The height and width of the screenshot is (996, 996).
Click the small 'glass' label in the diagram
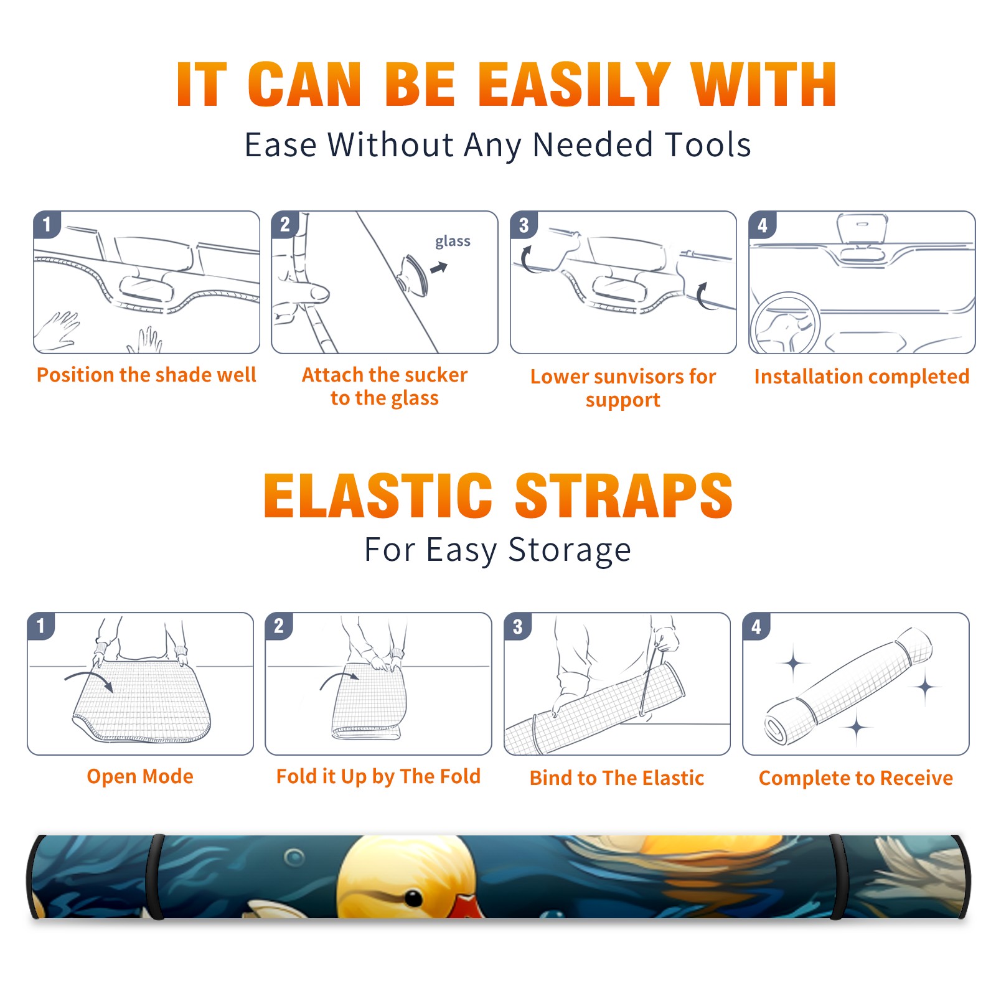[453, 242]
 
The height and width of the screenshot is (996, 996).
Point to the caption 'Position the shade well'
[146, 375]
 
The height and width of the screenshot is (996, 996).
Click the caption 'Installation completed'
[862, 377]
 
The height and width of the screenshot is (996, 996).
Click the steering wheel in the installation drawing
[786, 324]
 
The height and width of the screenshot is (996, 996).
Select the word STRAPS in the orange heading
[624, 496]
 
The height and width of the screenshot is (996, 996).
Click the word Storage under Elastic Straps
[570, 550]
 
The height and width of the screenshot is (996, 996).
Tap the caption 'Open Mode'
[140, 777]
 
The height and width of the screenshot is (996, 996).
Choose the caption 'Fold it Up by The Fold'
[378, 777]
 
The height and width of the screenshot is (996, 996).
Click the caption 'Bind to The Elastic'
[617, 778]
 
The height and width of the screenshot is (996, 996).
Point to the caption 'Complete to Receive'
[856, 779]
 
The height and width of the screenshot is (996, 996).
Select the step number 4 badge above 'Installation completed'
[763, 225]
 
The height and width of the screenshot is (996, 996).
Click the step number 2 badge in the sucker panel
[285, 225]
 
